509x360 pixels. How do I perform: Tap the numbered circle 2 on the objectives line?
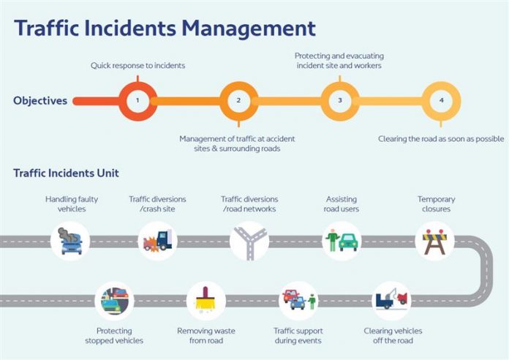click(x=238, y=100)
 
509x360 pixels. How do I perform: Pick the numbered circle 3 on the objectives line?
click(x=340, y=100)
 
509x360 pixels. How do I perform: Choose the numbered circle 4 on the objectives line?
click(x=441, y=100)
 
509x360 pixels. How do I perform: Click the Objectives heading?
click(x=40, y=100)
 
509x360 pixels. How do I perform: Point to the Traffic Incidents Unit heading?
click(x=66, y=173)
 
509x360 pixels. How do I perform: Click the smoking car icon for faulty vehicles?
click(x=71, y=241)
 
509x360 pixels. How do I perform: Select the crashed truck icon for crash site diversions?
click(x=157, y=241)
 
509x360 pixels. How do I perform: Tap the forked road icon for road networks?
click(x=249, y=241)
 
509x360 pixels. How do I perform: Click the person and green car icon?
click(x=342, y=241)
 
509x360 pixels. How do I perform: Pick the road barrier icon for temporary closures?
click(x=435, y=241)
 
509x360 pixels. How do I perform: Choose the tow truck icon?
click(x=391, y=299)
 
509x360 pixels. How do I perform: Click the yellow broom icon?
click(x=206, y=300)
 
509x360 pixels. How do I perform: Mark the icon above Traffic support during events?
click(x=299, y=300)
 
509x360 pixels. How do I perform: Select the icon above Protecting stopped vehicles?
click(x=114, y=300)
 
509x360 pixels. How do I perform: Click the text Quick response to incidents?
click(x=137, y=65)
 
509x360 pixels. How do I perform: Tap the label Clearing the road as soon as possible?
click(x=441, y=138)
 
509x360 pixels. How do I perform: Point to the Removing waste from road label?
click(x=206, y=336)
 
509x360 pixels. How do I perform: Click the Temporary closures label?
click(x=436, y=204)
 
